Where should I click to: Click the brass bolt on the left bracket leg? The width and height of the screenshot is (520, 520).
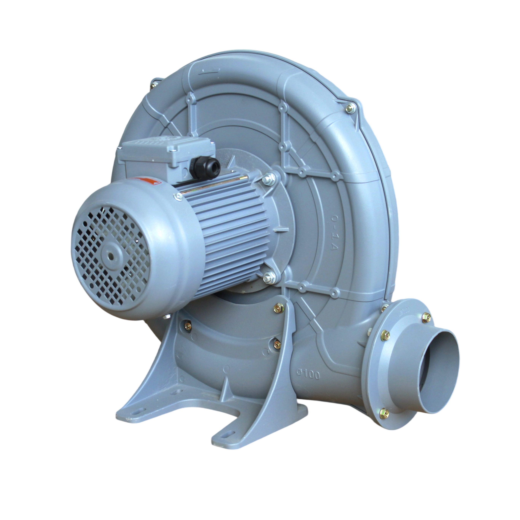(x=188, y=326)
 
